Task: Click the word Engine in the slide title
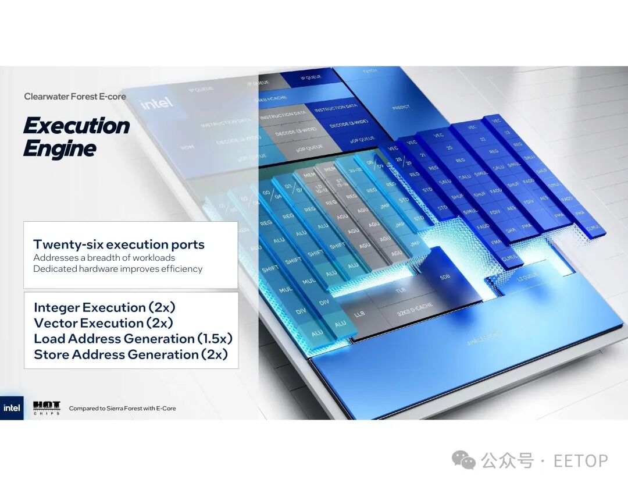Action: point(59,148)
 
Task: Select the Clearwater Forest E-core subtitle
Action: point(75,97)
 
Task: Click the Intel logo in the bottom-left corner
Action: point(12,408)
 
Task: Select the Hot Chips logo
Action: point(47,407)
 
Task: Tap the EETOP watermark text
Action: point(580,461)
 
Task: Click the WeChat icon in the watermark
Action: point(463,461)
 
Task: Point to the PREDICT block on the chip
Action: point(401,107)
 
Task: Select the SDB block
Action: point(445,277)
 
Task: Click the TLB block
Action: point(400,290)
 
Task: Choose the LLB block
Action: point(359,314)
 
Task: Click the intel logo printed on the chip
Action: point(156,104)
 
